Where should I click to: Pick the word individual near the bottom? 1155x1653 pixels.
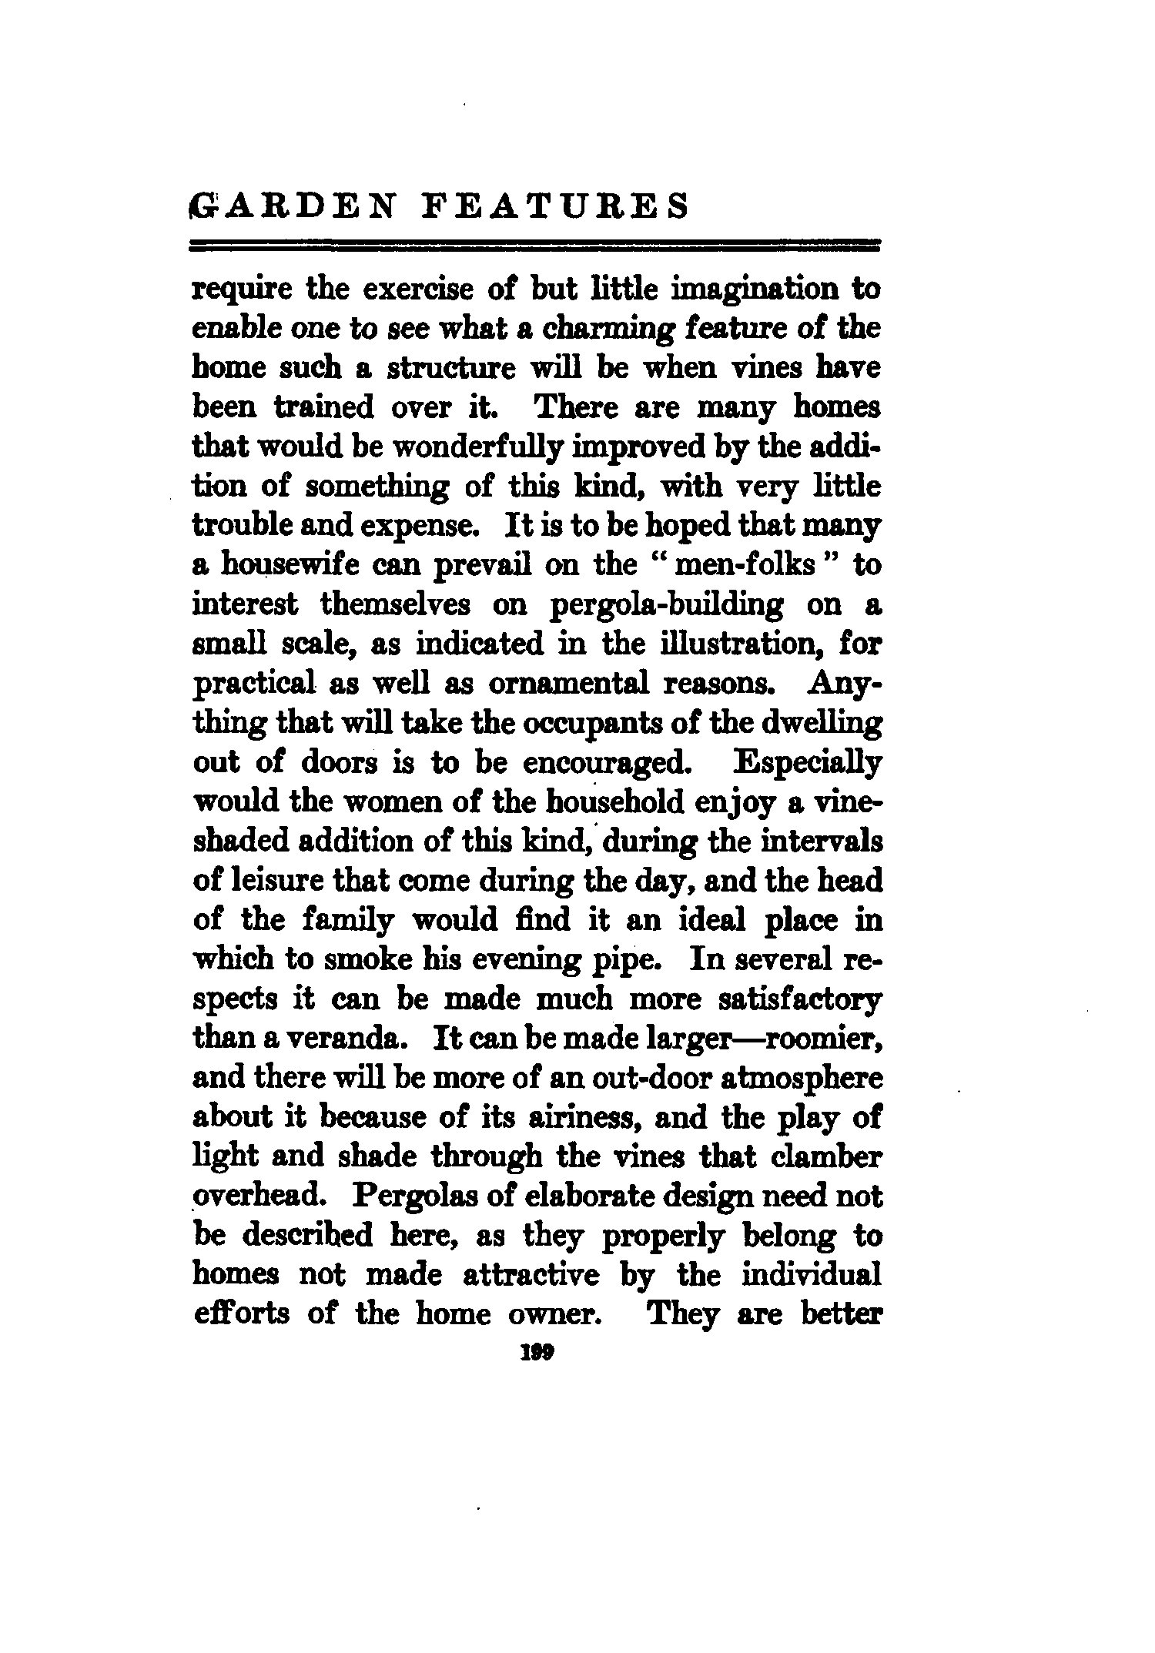[x=811, y=1277]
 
